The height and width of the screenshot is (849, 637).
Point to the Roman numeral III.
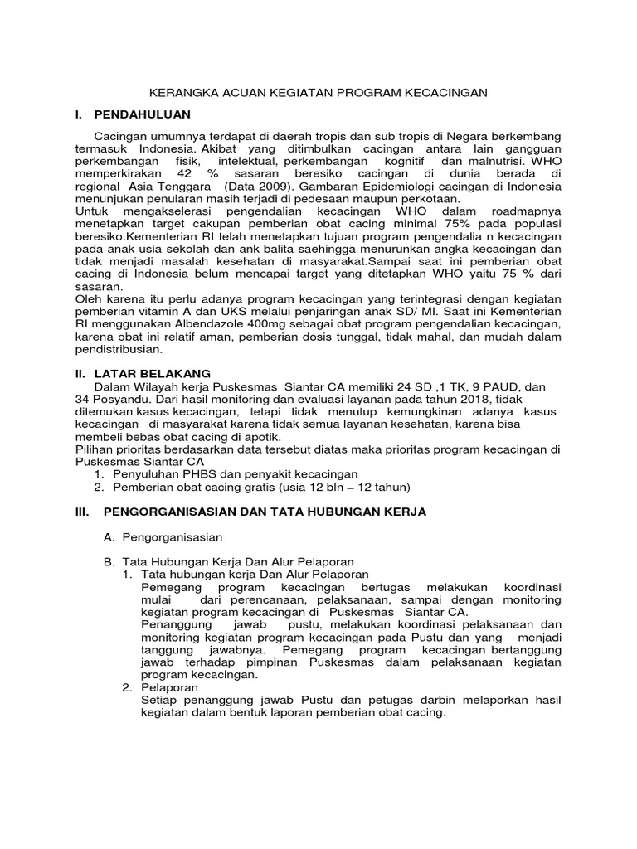click(x=82, y=512)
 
